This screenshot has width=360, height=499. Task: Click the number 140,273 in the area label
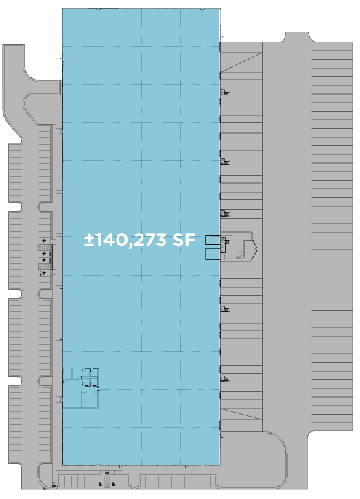130,240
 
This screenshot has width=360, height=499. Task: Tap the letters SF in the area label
184,240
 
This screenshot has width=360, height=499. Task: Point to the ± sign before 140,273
89,240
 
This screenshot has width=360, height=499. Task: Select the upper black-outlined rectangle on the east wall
213,240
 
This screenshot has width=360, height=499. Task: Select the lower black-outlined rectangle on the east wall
213,254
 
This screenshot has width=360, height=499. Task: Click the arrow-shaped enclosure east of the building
250,249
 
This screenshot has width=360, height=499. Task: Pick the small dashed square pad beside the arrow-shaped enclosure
237,254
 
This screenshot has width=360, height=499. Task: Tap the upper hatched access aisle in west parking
45,247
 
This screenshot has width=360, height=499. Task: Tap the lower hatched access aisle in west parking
45,267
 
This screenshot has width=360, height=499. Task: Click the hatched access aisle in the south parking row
107,481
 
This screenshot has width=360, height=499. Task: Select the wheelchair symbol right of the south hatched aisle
114,484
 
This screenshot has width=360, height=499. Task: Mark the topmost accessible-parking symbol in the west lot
44,241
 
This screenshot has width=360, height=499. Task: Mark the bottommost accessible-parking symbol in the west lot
44,273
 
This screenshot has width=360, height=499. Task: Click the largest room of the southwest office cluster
90,399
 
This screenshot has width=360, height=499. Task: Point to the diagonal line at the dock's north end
241,62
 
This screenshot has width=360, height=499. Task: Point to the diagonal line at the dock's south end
241,414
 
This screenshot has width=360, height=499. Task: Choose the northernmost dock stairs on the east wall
225,93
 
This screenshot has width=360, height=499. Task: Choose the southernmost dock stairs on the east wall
225,378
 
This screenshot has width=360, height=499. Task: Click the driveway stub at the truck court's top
297,37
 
